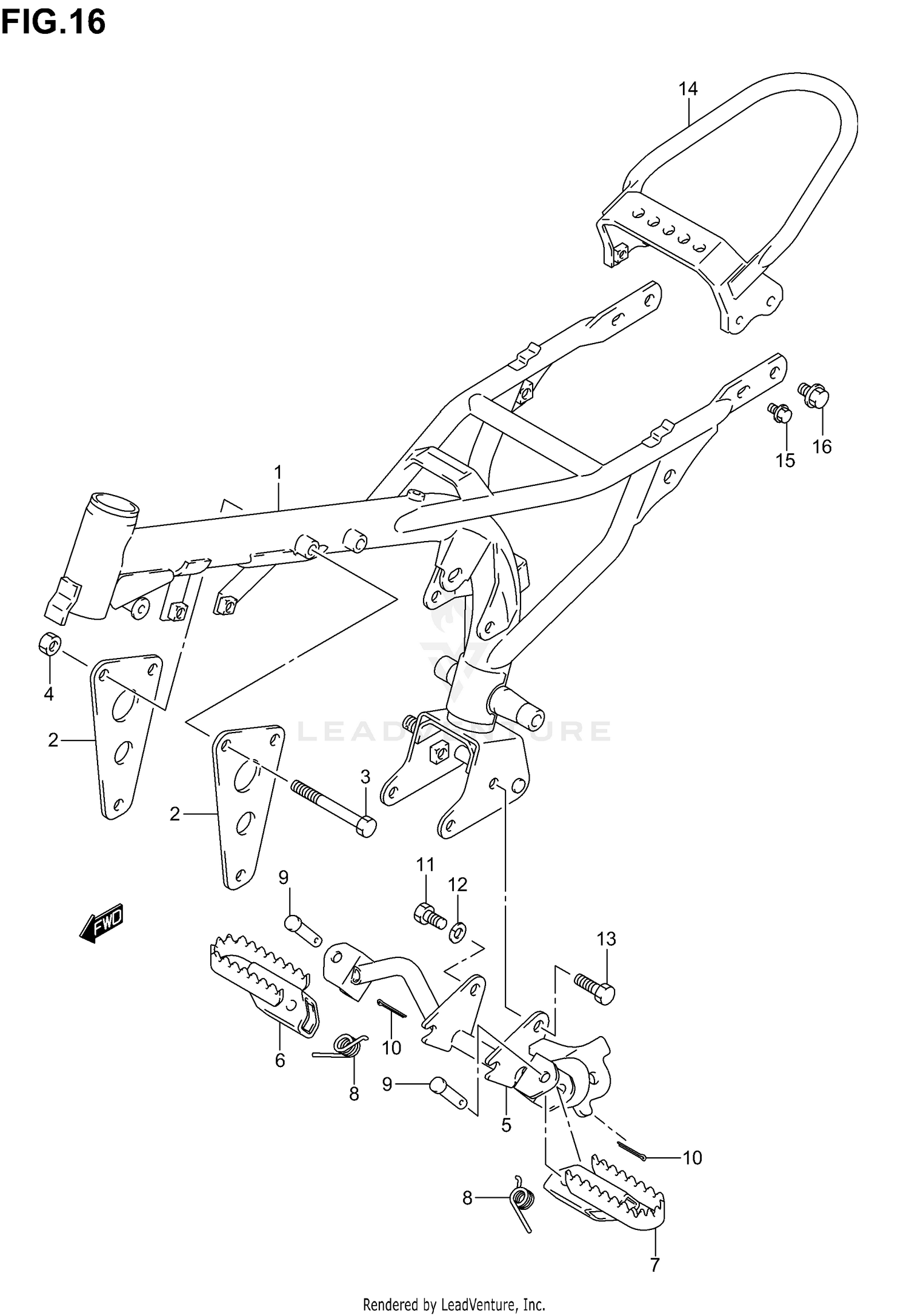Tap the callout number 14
click(688, 89)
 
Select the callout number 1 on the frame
click(278, 471)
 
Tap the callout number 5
click(506, 1125)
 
